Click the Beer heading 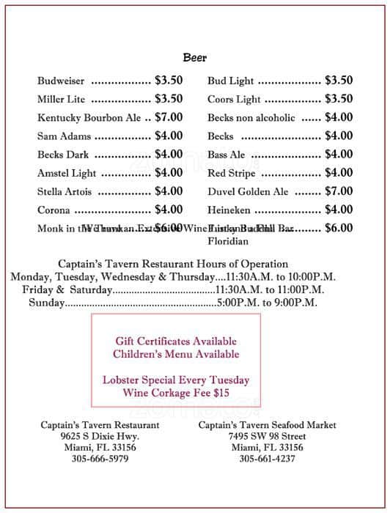tap(195, 57)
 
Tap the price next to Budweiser tap(169, 81)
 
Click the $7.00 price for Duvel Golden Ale tap(339, 191)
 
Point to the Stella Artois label tap(65, 191)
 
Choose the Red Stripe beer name tap(232, 173)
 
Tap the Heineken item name tap(230, 210)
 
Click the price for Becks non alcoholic tap(339, 117)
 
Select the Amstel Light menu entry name tap(67, 173)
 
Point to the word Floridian tap(228, 241)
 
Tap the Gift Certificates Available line tap(176, 341)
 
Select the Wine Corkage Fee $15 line tap(176, 394)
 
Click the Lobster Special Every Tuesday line tap(176, 380)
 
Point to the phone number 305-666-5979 tap(100, 459)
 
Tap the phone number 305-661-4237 tap(267, 459)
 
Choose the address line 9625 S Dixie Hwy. tap(100, 436)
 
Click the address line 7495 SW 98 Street tap(267, 436)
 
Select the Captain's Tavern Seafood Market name tap(267, 425)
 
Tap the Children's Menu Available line tap(176, 354)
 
